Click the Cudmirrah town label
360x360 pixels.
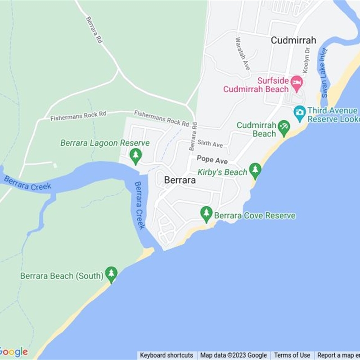(293, 40)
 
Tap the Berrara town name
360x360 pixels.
(180, 180)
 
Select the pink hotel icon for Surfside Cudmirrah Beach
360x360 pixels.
(296, 82)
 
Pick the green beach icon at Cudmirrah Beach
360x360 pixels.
(283, 128)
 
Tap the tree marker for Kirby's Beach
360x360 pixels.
(255, 171)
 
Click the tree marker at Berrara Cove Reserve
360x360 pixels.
(207, 214)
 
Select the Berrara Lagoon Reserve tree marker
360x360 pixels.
(135, 156)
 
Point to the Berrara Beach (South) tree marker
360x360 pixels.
(111, 274)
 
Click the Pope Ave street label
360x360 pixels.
(212, 160)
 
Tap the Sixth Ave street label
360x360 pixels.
(210, 144)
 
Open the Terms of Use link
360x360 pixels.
(292, 355)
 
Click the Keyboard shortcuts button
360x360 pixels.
(166, 355)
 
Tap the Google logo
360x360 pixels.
(13, 352)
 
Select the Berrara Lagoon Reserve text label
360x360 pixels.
(105, 143)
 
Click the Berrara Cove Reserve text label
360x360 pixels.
(255, 216)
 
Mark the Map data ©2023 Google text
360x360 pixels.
(233, 355)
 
